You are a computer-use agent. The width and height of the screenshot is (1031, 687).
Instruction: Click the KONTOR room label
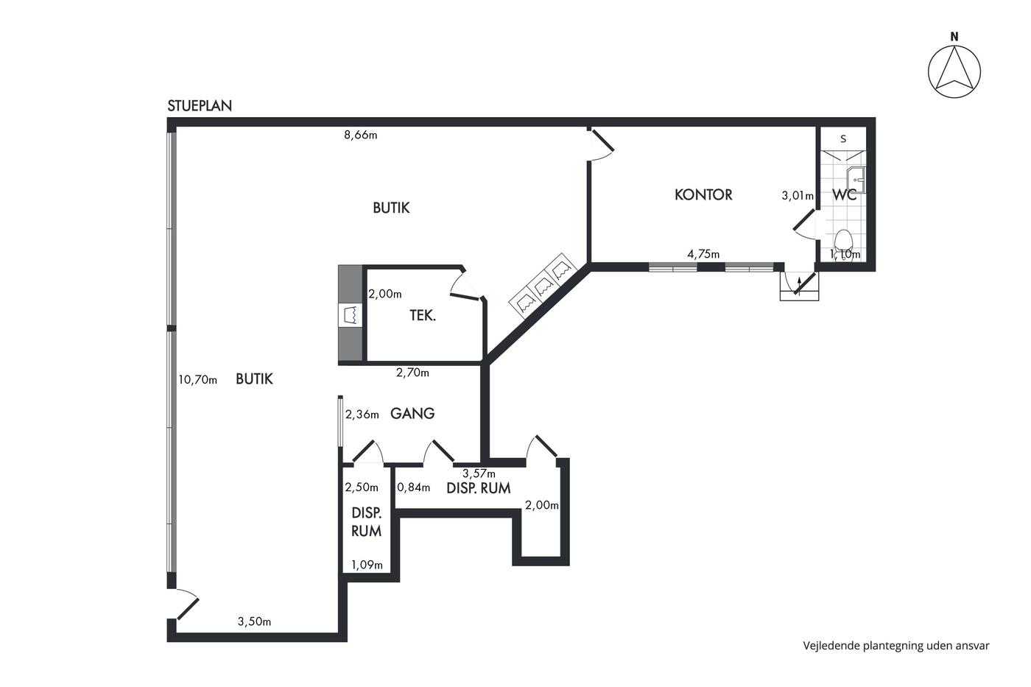[x=703, y=194]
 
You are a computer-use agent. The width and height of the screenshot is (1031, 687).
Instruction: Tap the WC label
[x=845, y=195]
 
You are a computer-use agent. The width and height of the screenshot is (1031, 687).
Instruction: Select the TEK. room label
[x=423, y=316]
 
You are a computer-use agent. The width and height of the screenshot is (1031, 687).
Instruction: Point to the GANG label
[x=412, y=413]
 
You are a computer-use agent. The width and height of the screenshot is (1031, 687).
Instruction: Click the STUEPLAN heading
[x=200, y=106]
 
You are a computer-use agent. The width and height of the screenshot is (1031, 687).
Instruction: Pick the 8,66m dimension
[x=361, y=135]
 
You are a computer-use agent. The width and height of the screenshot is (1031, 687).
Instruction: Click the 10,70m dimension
[x=198, y=380]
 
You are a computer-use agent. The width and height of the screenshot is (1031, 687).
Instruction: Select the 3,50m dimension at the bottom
[x=254, y=621]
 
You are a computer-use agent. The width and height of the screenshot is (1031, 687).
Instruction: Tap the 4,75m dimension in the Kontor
[x=703, y=254]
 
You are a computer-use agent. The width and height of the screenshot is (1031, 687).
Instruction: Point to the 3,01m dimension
[x=798, y=196]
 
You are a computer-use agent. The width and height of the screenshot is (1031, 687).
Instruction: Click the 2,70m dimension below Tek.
[x=412, y=373]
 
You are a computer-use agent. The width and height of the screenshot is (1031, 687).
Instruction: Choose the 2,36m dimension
[x=362, y=415]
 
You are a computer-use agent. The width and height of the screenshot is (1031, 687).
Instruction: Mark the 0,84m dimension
[x=413, y=487]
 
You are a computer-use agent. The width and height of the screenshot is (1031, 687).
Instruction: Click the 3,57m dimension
[x=479, y=473]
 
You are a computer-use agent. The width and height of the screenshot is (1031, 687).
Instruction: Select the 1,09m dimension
[x=367, y=565]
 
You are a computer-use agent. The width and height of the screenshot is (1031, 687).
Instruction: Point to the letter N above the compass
[x=954, y=37]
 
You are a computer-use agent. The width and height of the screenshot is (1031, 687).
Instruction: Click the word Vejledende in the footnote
[x=831, y=646]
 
